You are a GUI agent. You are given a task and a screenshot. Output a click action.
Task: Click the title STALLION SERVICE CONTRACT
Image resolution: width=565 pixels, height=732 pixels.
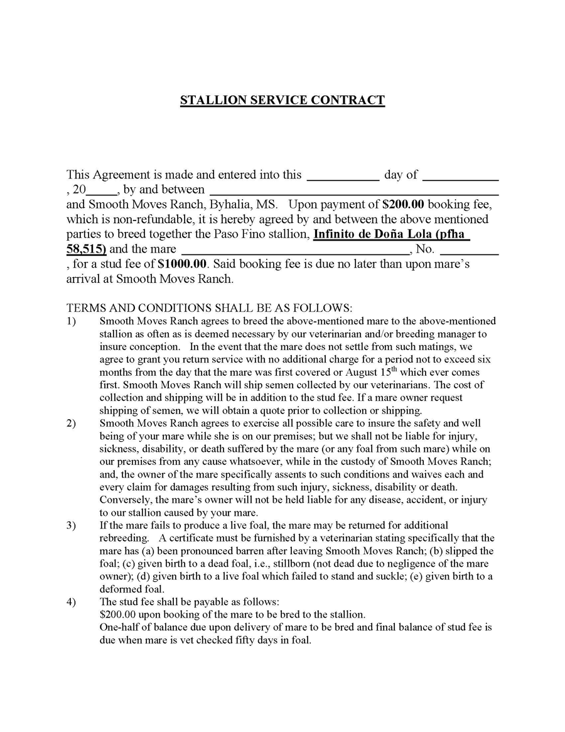(282, 100)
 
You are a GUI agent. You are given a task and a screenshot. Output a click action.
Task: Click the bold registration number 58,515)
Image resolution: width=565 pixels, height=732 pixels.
(87, 249)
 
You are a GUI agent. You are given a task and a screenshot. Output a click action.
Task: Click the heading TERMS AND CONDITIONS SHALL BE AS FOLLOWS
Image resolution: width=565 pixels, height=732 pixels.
(210, 308)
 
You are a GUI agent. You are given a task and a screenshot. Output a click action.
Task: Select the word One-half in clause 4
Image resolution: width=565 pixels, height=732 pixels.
(119, 627)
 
